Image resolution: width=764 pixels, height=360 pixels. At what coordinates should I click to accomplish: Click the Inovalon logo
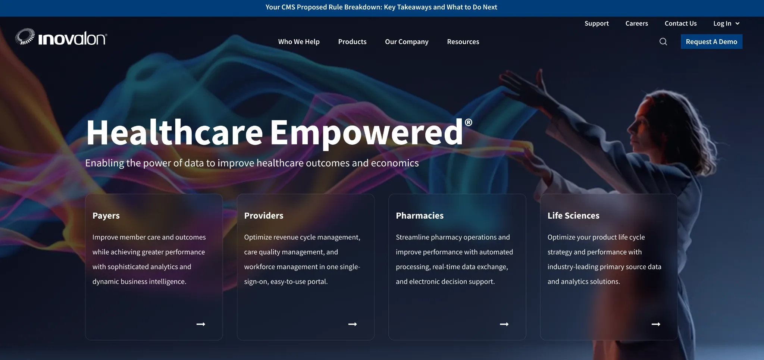(x=61, y=38)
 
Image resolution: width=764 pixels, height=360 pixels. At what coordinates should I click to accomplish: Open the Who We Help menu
(x=299, y=42)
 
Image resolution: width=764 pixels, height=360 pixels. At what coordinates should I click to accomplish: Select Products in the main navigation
(x=352, y=42)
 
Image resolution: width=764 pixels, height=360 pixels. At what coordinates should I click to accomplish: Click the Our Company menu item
(x=407, y=42)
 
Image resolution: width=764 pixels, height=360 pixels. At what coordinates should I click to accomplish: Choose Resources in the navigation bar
(x=463, y=42)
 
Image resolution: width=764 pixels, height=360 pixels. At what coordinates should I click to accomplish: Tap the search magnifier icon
(x=663, y=42)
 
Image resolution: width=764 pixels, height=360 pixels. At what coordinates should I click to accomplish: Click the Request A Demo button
(x=711, y=42)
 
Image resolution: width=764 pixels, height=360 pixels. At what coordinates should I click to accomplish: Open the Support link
(x=597, y=24)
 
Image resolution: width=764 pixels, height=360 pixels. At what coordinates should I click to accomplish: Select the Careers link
(x=636, y=24)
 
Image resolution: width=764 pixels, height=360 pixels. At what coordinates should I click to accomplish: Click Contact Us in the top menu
(x=680, y=24)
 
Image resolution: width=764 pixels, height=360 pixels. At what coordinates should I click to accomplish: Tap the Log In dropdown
(x=726, y=24)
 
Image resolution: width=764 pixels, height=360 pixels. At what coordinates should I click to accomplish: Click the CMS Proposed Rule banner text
(x=381, y=7)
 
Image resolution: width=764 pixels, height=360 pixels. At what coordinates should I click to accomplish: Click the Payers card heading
(x=106, y=216)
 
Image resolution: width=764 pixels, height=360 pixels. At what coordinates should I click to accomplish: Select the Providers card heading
(x=264, y=216)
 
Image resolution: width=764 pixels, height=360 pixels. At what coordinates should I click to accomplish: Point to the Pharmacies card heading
(x=420, y=216)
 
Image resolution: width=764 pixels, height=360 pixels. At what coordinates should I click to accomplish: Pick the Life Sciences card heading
(x=573, y=216)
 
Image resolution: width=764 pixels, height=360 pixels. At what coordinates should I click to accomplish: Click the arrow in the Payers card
(x=201, y=324)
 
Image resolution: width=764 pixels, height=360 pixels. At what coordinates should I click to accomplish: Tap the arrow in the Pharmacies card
(x=504, y=324)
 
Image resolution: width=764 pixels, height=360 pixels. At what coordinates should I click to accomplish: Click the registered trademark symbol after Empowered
(x=469, y=122)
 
